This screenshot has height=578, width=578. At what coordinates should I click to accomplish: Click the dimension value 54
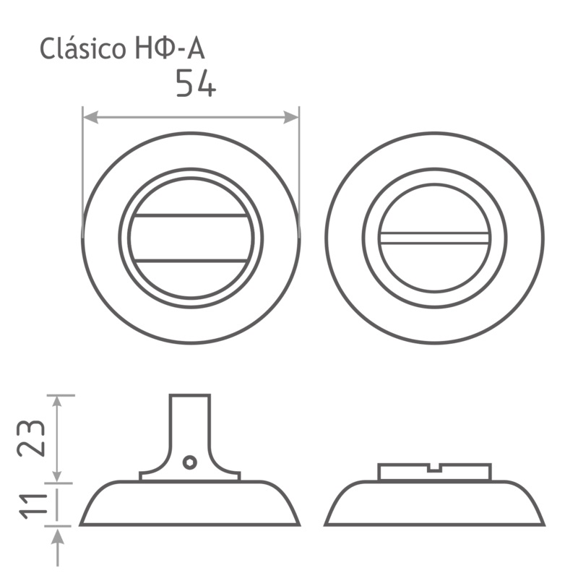[x=196, y=83]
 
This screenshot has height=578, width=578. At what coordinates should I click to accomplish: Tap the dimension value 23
[x=31, y=438]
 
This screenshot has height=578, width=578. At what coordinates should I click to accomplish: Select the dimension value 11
[x=33, y=505]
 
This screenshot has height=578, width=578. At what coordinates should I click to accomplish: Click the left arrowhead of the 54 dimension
[x=91, y=117]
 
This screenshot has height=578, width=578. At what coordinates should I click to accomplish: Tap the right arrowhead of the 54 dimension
[x=291, y=117]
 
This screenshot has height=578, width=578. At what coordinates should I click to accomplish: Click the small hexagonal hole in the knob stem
[x=190, y=462]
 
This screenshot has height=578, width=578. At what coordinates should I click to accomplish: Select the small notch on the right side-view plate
[x=435, y=467]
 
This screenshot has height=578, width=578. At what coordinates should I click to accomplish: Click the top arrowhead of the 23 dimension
[x=57, y=402]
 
